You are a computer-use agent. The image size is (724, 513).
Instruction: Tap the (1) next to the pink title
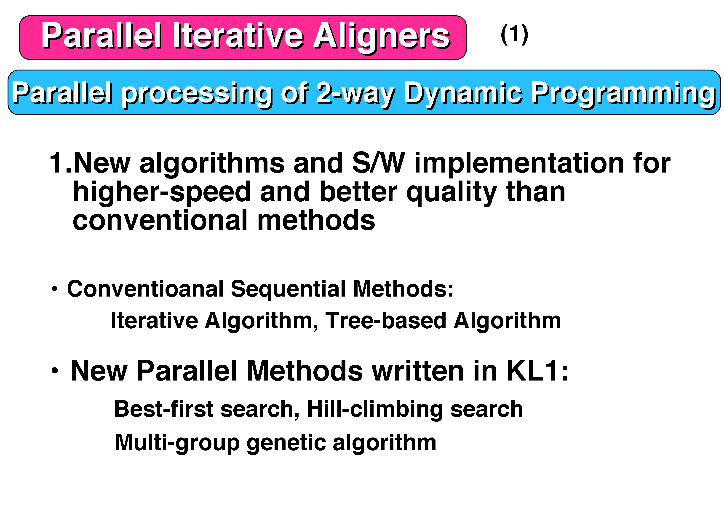pos(514,34)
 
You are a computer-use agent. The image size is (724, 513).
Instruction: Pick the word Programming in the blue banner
pos(623,94)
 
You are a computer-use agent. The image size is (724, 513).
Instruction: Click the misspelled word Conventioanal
pos(145,289)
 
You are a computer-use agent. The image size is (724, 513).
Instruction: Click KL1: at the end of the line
pos(537,371)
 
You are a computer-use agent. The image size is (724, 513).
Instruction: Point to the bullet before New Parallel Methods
pos(55,370)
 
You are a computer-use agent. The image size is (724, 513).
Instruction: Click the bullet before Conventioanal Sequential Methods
pos(55,288)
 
